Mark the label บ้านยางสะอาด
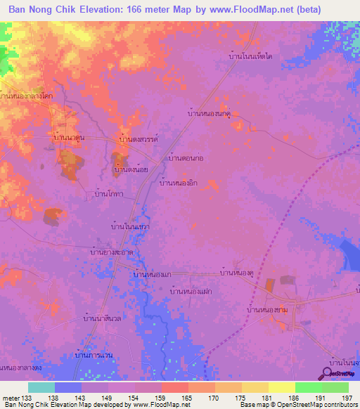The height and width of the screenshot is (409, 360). point(112,251)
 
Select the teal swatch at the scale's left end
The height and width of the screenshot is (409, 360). point(41,387)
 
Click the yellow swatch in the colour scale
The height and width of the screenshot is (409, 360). point(281,387)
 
